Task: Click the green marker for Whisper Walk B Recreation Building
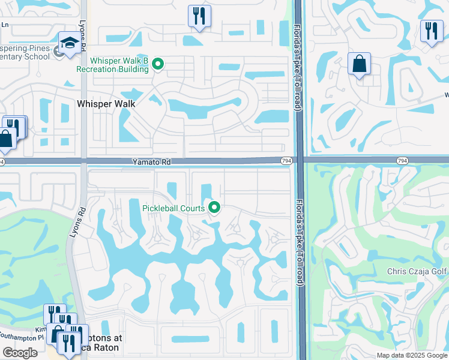pos(158,63)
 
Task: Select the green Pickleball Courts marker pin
pos(214,208)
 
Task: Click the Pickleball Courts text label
pos(173,208)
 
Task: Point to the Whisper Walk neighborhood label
pos(106,104)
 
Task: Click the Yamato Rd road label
pos(152,162)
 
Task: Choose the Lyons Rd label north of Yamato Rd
pos(82,36)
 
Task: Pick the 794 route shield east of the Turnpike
pos(402,160)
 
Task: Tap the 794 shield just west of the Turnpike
pos(286,160)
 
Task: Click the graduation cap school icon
pos(70,43)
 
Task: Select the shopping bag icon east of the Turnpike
pos(359,64)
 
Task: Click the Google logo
pos(20,352)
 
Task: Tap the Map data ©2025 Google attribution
pos(412,355)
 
